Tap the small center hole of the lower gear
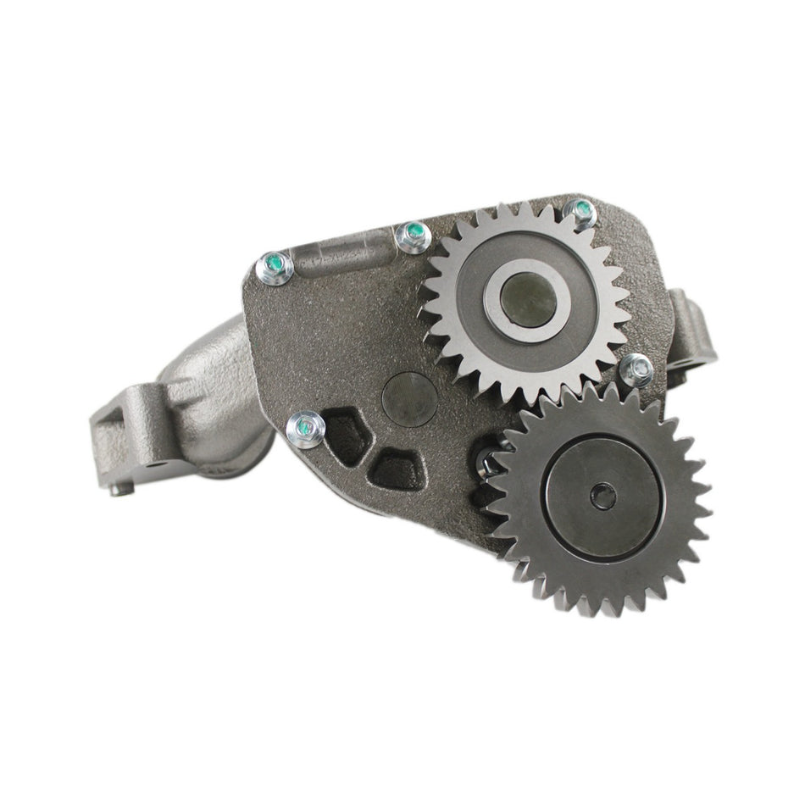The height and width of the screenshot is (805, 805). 602,497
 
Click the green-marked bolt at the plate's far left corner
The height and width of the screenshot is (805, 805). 275,269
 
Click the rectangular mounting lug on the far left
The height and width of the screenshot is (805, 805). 127,424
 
